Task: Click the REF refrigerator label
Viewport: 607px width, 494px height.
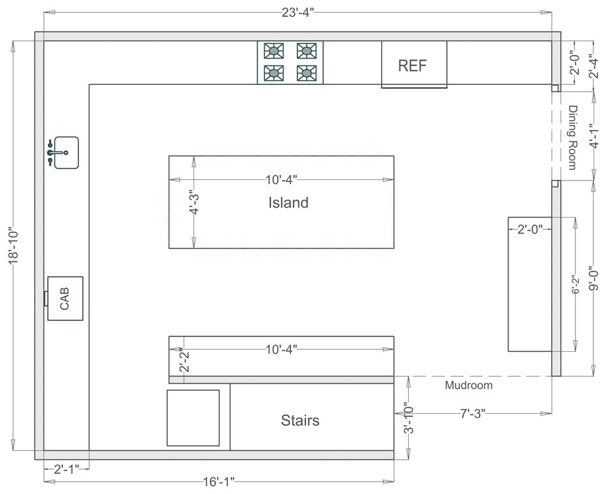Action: (x=414, y=65)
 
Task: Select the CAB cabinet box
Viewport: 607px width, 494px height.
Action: (x=65, y=298)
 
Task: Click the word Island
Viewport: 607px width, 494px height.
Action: (x=288, y=202)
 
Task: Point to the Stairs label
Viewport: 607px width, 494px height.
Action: (x=300, y=421)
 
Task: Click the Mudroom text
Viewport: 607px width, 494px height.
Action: (x=469, y=385)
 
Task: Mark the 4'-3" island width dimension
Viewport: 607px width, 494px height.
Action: (x=194, y=202)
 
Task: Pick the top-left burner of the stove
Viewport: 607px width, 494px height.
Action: (x=274, y=50)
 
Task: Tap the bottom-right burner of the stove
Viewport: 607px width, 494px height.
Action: (x=306, y=72)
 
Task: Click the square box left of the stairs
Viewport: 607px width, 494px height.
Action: (x=193, y=418)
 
